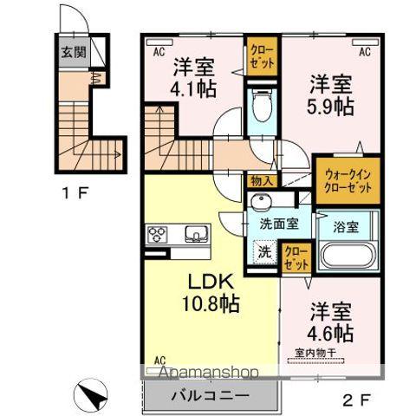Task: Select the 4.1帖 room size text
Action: click(x=193, y=88)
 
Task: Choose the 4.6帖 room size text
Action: click(x=330, y=332)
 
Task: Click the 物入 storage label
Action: click(x=260, y=181)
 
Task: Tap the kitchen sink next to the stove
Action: click(x=193, y=234)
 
